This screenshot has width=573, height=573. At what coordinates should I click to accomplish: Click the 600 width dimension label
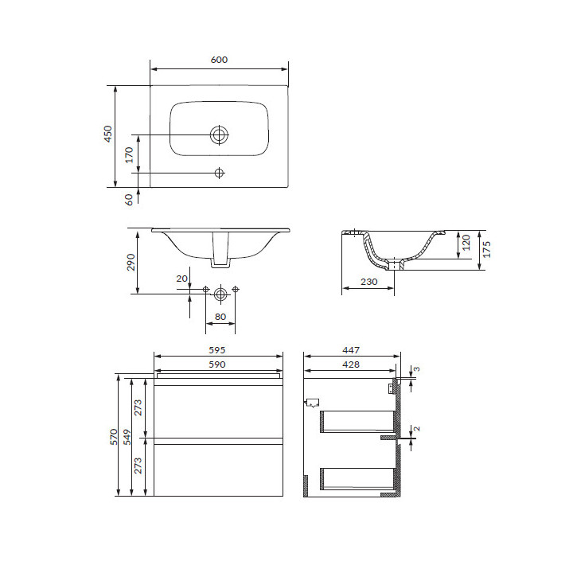[219, 60]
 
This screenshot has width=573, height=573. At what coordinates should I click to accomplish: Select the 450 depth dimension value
[107, 134]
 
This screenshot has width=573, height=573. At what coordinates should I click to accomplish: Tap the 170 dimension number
[129, 155]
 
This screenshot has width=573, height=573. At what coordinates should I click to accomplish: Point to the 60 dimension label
[129, 200]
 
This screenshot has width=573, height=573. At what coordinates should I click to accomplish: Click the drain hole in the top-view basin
[219, 134]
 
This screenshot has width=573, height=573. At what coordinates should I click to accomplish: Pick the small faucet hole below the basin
[219, 173]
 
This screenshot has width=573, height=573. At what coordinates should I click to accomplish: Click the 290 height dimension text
[131, 262]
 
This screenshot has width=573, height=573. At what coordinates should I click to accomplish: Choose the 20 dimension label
[182, 279]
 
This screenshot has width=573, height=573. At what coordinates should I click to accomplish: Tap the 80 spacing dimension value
[220, 317]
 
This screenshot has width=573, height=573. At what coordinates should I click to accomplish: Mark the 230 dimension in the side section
[368, 282]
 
